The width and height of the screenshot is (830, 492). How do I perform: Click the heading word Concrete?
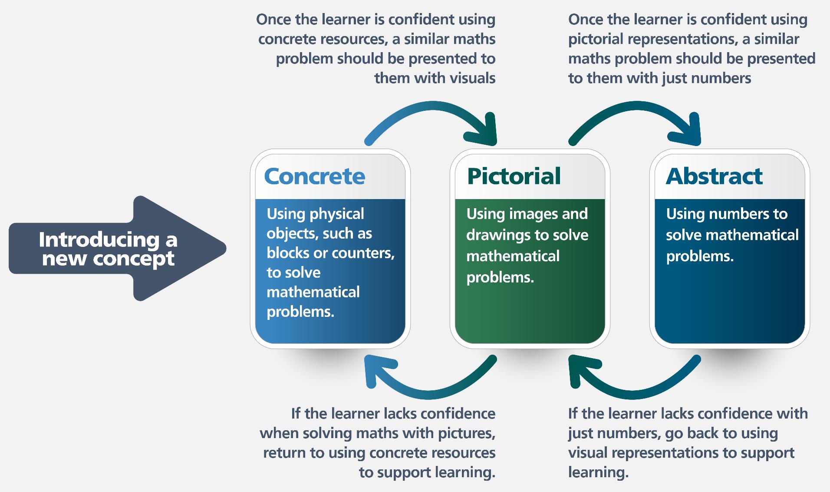[314, 176]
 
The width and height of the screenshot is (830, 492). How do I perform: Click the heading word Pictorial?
[514, 176]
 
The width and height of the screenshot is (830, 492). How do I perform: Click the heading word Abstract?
[714, 176]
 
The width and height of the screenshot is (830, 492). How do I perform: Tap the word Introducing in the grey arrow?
[99, 239]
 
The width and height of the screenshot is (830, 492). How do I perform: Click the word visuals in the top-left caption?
[469, 78]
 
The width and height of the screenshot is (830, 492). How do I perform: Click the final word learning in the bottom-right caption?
[598, 472]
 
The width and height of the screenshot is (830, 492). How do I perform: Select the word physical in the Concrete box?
[337, 214]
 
